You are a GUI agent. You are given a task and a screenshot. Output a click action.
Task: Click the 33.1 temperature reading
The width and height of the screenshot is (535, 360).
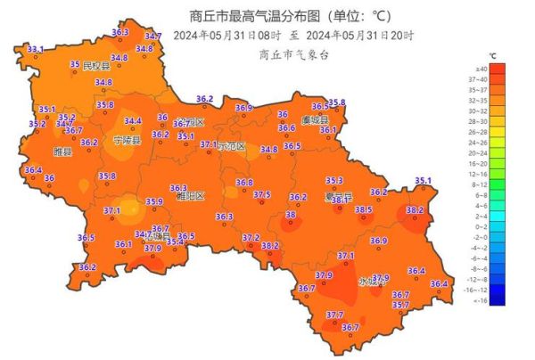[x=35, y=48]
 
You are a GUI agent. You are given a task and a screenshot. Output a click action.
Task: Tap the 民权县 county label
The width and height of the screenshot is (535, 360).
[x=96, y=66]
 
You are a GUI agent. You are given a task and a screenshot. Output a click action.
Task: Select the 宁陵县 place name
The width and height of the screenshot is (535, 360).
[x=127, y=141]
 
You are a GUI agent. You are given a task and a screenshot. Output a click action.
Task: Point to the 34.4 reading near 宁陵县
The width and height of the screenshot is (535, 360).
[x=133, y=121]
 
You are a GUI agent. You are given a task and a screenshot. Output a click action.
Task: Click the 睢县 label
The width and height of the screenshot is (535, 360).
[x=62, y=152]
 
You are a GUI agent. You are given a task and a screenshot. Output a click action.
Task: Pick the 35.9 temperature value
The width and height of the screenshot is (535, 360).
[x=154, y=202]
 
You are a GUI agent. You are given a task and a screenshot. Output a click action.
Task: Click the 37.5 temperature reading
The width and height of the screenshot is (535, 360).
[x=262, y=194]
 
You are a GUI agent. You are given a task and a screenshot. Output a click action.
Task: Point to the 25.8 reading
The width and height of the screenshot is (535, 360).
[x=336, y=102]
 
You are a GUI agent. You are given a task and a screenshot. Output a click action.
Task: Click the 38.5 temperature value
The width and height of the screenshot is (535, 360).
[x=364, y=210]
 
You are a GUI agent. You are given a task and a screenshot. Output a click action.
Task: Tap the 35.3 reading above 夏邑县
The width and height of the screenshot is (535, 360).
[x=334, y=181]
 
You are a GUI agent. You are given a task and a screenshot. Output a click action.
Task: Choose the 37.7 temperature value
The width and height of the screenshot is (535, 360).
[x=334, y=315]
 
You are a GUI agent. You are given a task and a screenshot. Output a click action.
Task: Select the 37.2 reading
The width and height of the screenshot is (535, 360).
[x=251, y=238]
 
